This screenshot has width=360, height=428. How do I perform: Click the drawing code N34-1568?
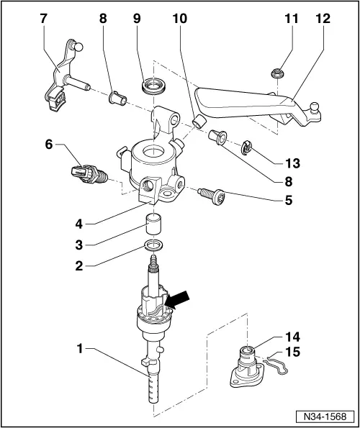[x=325, y=416]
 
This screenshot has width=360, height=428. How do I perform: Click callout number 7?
[x=43, y=19]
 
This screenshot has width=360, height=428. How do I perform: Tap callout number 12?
[x=323, y=19]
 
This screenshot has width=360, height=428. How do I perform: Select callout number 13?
[x=292, y=163]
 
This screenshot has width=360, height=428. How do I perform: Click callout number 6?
[x=49, y=144]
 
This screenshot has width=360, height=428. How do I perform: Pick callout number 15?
[x=292, y=352]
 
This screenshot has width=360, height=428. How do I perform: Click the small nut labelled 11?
[x=276, y=73]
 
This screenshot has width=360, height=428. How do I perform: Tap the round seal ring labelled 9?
[x=153, y=86]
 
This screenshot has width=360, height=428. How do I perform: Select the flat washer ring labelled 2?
[x=154, y=245]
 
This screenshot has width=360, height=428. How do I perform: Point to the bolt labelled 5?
[x=211, y=196]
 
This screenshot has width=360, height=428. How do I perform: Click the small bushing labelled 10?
[x=198, y=122]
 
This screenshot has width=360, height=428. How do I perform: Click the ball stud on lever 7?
[x=78, y=47]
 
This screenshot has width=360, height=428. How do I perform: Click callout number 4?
[x=79, y=224]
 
